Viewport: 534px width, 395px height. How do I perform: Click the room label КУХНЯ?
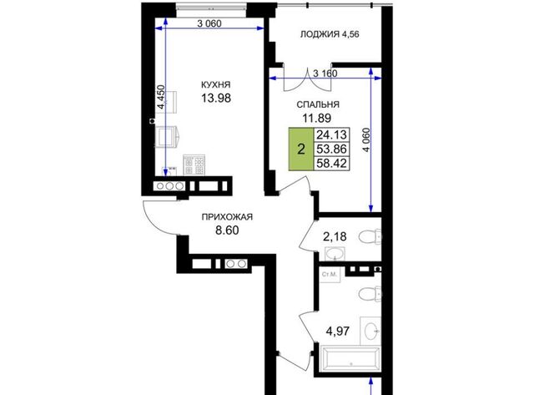216,84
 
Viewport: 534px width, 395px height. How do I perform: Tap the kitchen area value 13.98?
216,99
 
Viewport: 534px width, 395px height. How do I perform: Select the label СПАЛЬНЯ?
318,104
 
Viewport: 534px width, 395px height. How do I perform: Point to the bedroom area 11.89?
317,118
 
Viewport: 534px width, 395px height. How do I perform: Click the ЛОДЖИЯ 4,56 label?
330,34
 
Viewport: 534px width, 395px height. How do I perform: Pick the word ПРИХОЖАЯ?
227,217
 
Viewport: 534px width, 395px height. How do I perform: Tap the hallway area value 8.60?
227,230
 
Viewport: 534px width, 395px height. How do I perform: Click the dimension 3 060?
209,23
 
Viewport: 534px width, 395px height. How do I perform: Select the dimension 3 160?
325,73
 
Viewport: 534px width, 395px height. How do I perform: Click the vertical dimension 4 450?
160,97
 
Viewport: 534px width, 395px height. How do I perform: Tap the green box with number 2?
300,149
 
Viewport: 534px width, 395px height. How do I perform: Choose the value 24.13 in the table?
331,135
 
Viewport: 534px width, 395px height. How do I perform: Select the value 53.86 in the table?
331,149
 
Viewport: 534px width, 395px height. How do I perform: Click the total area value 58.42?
331,163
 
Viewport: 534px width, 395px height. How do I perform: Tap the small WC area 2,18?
335,236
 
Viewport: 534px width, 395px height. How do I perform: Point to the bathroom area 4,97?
337,331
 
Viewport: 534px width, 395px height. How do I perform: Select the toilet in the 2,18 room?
370,237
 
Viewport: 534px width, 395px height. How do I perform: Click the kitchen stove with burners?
194,165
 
